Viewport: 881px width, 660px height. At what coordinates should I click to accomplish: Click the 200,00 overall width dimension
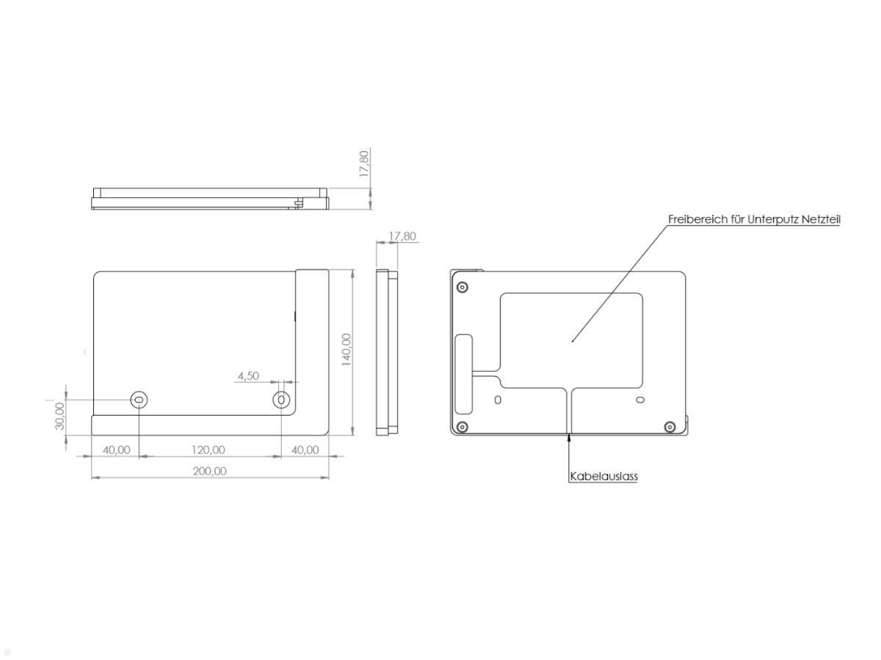[209, 471]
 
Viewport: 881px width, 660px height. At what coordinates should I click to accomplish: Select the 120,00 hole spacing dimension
[209, 450]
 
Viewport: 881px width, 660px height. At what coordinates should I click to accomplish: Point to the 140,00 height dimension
[347, 349]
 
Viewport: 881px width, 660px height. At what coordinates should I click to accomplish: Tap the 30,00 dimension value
[60, 415]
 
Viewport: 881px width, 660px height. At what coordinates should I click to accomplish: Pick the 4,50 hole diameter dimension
[247, 375]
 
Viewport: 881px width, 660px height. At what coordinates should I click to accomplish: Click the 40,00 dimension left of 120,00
[116, 450]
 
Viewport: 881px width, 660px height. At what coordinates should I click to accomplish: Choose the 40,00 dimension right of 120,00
[305, 450]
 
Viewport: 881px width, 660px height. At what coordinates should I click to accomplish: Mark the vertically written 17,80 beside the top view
[365, 164]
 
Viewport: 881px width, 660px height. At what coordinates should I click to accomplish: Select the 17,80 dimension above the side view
[402, 236]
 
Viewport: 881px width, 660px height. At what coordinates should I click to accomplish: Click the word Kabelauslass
[603, 476]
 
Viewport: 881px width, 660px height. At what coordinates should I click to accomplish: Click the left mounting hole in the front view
[139, 400]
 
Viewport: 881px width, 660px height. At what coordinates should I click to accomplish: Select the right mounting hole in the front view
[281, 400]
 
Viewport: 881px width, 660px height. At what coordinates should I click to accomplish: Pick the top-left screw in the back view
[461, 287]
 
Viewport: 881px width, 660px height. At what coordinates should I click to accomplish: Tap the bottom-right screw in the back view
[669, 427]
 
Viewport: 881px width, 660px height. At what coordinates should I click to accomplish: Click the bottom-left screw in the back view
[461, 427]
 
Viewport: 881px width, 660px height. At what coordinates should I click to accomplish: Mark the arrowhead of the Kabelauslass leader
[569, 438]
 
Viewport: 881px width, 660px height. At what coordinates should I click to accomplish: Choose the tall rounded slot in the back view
[464, 374]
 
